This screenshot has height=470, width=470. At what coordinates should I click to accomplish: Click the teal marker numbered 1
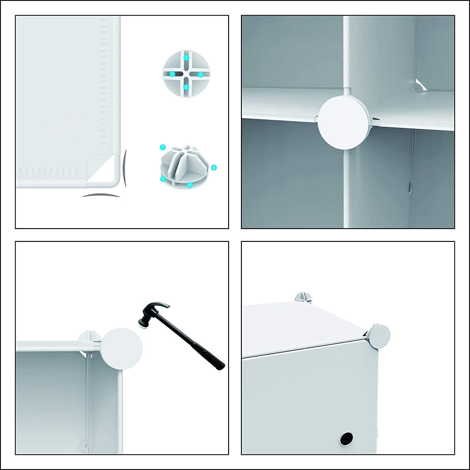pyautogui.click(x=186, y=58)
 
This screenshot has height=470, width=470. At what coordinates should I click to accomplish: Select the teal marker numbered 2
pyautogui.click(x=172, y=74)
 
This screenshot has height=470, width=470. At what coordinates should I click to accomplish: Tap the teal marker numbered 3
pyautogui.click(x=201, y=74)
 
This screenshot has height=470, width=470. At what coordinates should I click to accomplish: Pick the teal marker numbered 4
pyautogui.click(x=186, y=87)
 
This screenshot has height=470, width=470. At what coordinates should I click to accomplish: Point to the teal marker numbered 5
pyautogui.click(x=163, y=179)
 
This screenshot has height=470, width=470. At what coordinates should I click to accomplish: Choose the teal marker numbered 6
pyautogui.click(x=190, y=185)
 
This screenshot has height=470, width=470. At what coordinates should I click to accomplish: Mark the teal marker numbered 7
pyautogui.click(x=162, y=147)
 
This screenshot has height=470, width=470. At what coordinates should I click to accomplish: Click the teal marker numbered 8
pyautogui.click(x=214, y=167)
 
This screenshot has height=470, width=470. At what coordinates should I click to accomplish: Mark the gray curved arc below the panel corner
pyautogui.click(x=101, y=195)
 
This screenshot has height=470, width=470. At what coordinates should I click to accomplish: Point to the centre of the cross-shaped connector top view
pyautogui.click(x=186, y=74)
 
